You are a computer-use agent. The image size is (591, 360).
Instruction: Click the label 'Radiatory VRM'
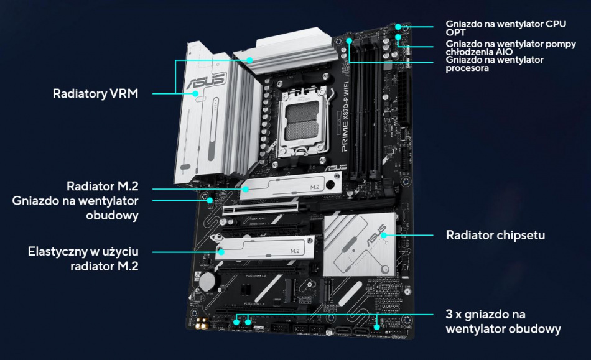95,94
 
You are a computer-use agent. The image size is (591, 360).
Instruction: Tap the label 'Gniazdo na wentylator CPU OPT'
505,28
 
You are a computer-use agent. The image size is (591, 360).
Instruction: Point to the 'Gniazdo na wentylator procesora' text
495,63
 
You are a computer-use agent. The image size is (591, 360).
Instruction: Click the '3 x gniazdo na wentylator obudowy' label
503,321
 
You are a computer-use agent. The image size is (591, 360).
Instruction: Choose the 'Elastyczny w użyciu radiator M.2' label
83,259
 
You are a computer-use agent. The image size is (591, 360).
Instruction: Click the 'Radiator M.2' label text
102,187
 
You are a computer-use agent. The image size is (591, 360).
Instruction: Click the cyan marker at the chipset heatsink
385,235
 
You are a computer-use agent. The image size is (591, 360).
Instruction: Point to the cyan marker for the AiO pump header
398,45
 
